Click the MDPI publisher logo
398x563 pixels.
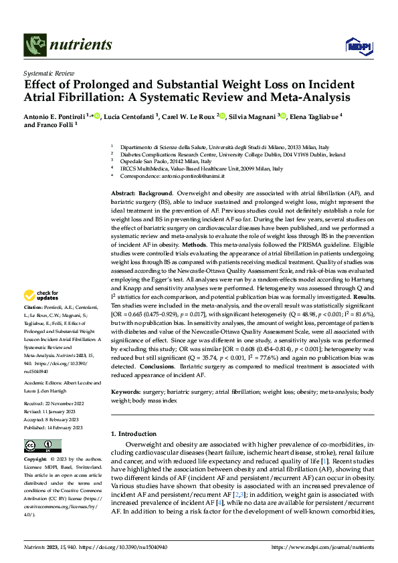click(357, 45)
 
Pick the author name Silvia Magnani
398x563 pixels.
click(250, 116)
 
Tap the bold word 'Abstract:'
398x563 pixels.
click(124, 193)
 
